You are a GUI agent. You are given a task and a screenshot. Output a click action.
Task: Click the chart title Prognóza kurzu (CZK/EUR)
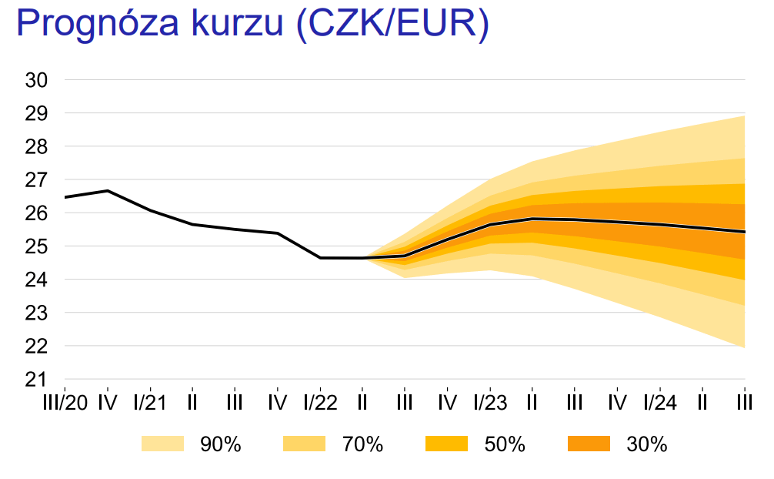[252, 25]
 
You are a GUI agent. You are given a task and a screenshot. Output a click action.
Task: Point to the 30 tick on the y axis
[37, 80]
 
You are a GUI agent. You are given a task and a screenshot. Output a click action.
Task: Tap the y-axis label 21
[37, 380]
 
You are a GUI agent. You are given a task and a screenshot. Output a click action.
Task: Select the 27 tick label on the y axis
[37, 180]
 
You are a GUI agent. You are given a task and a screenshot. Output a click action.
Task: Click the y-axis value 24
[37, 280]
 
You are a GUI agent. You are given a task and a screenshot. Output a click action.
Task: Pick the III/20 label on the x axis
[65, 403]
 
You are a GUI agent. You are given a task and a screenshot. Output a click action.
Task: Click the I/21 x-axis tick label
[150, 403]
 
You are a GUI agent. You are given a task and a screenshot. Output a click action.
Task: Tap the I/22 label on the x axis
[320, 403]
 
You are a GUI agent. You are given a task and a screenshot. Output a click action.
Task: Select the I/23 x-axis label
[490, 403]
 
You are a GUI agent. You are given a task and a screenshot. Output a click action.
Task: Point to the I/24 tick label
[660, 403]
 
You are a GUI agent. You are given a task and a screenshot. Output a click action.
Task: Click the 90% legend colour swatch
[162, 444]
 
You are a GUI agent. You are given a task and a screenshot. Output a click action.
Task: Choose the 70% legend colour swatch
[305, 444]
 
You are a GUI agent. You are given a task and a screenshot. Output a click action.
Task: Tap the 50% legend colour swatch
[446, 444]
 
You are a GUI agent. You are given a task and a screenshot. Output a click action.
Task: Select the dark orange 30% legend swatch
[589, 444]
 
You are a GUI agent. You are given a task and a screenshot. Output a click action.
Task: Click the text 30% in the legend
[646, 444]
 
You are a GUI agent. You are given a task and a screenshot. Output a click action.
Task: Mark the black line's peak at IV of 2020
[108, 190]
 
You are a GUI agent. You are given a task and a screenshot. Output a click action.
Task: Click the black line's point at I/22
[320, 258]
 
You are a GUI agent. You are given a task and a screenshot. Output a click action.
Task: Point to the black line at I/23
[490, 224]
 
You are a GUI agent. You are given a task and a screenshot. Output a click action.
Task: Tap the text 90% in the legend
[221, 444]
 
